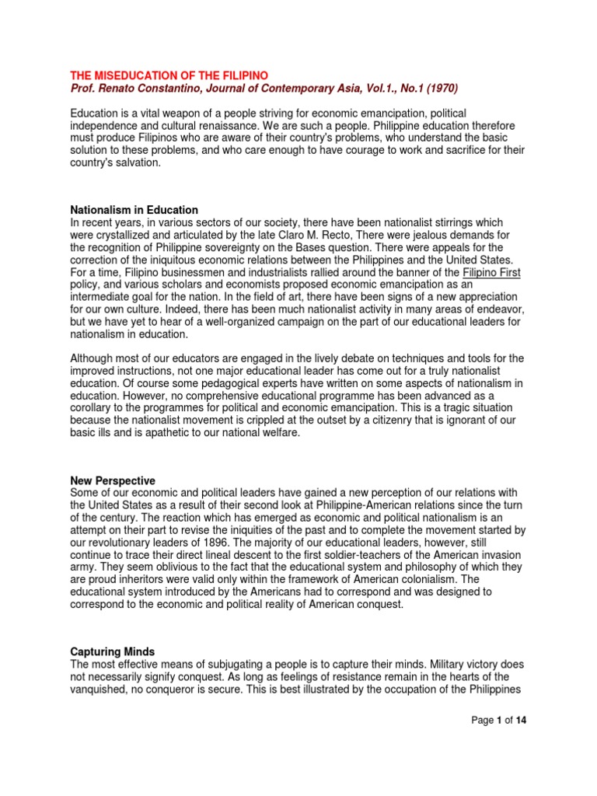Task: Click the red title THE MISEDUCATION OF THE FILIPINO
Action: (x=169, y=75)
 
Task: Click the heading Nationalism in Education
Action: (x=134, y=210)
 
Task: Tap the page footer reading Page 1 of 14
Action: (x=499, y=721)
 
